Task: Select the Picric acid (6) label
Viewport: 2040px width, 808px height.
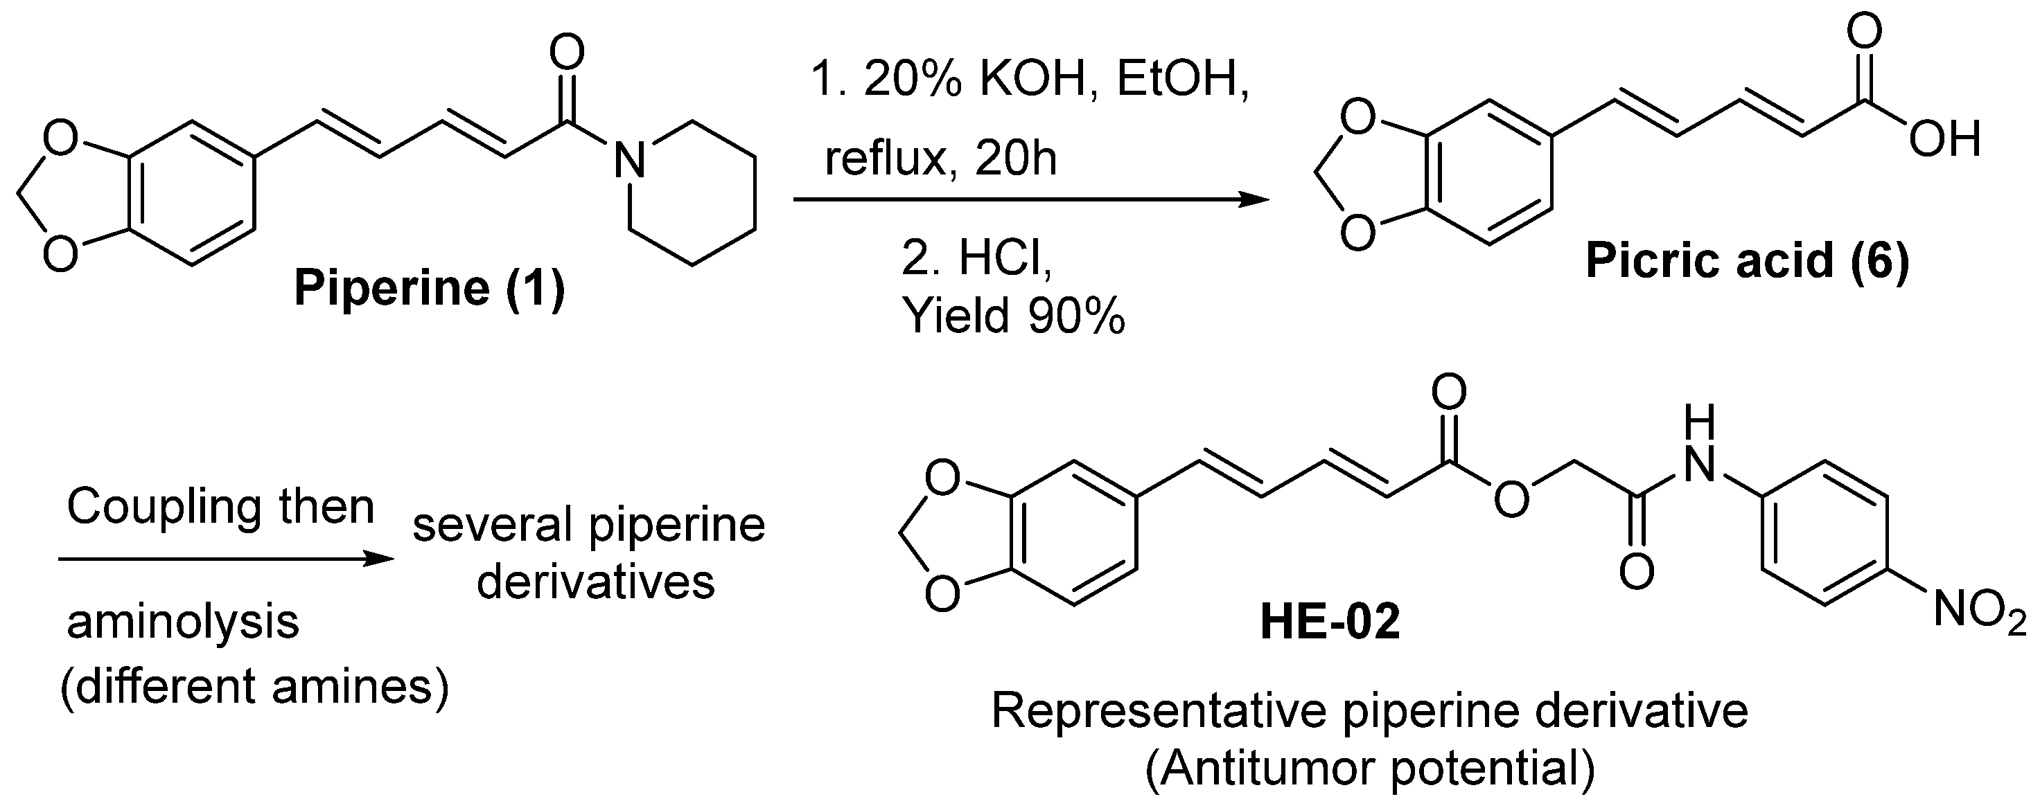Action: pos(1747,260)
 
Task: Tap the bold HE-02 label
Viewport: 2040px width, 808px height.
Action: pos(1330,621)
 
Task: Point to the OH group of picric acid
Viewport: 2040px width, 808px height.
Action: pos(1944,140)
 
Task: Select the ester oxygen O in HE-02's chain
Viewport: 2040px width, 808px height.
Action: pos(1511,500)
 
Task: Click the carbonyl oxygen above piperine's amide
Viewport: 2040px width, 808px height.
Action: pos(567,54)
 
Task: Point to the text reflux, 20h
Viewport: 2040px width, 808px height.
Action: pos(940,159)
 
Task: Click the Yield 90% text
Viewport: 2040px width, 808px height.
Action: pos(1013,317)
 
